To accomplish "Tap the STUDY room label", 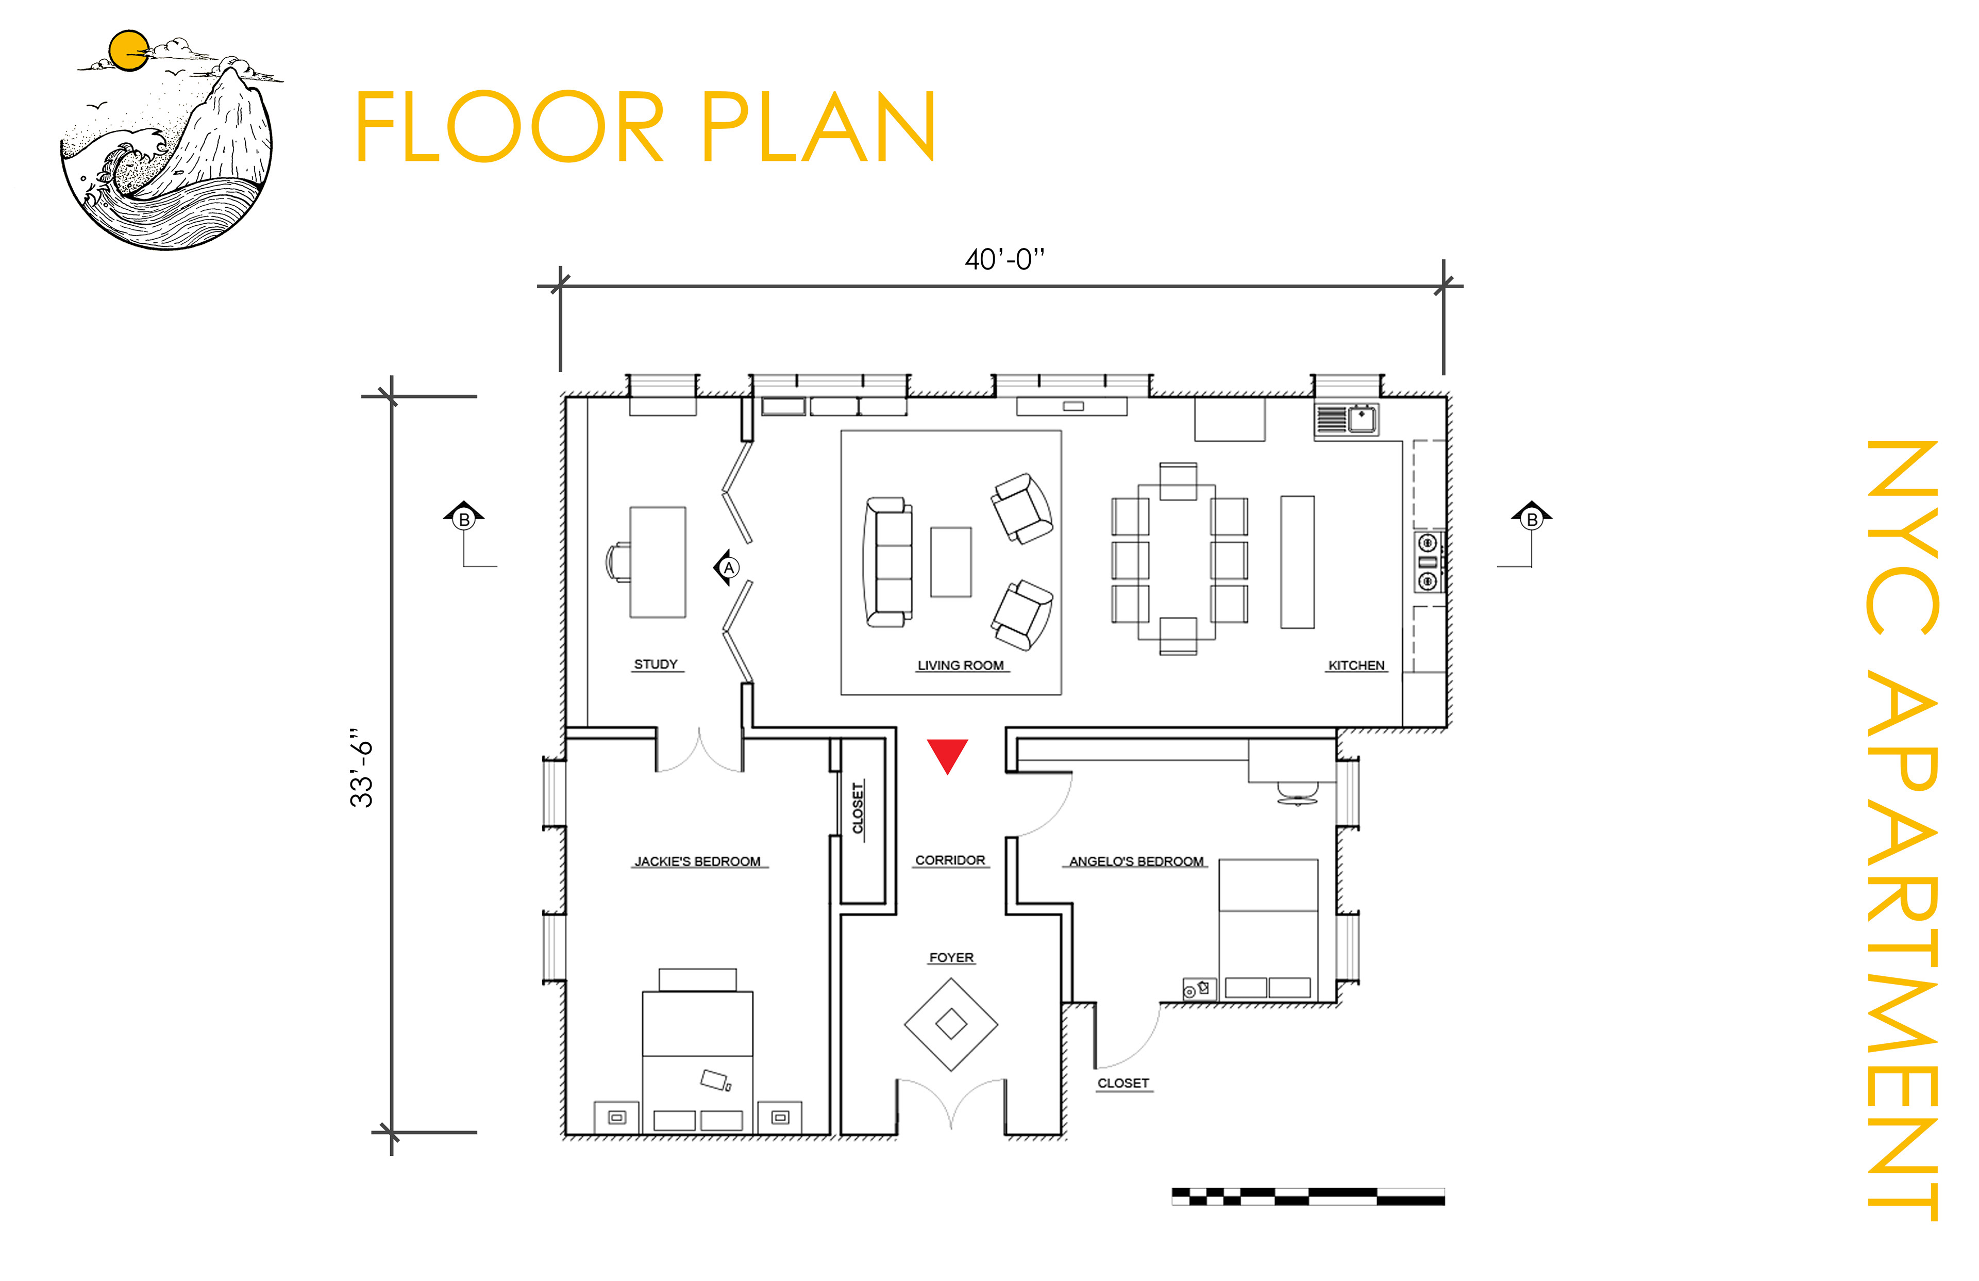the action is point(656,664).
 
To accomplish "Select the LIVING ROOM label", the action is point(961,666).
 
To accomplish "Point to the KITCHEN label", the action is point(1356,666).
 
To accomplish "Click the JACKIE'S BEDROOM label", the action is point(698,862).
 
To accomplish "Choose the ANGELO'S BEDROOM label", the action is point(1137,862).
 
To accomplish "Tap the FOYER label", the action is point(951,958).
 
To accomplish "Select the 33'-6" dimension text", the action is point(362,769).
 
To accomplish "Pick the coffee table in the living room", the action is point(950,562).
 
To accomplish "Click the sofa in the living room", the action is point(887,562).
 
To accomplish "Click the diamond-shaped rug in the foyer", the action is point(951,1024).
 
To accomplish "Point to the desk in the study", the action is point(658,562).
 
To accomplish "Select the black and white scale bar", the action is point(1308,1196).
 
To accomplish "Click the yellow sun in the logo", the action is point(129,51).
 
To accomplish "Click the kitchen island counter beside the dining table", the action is point(1297,562).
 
